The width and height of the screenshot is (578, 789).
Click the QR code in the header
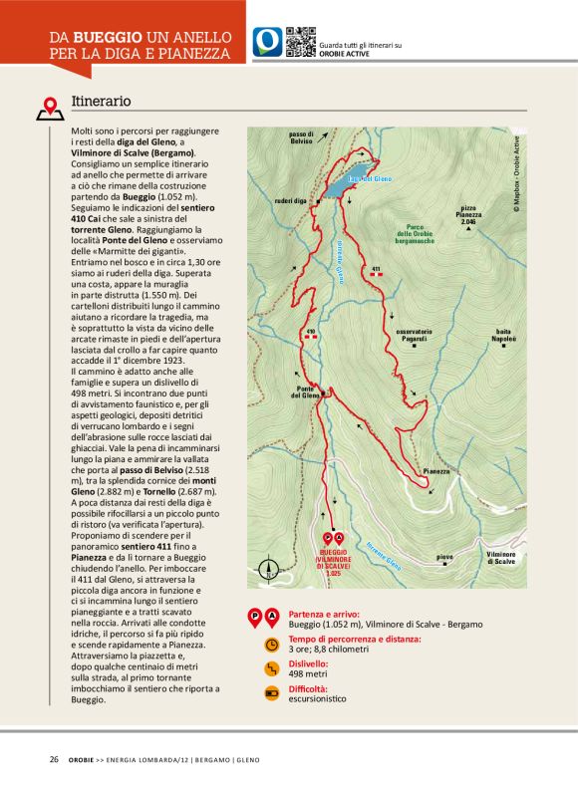click(x=301, y=42)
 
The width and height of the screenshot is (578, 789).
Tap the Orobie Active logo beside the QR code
click(x=267, y=42)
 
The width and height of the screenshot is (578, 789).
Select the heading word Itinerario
click(x=102, y=102)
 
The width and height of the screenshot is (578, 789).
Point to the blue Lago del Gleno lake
click(x=342, y=183)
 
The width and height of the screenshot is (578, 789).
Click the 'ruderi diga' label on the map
click(x=289, y=200)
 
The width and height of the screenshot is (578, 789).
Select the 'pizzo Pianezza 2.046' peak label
click(x=471, y=214)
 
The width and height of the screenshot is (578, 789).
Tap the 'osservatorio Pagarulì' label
click(x=413, y=334)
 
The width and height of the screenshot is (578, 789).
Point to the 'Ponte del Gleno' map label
click(x=305, y=392)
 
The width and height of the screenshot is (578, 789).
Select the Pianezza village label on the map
click(x=436, y=470)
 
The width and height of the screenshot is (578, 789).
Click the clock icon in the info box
click(x=271, y=645)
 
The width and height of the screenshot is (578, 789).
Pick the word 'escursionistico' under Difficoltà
click(x=317, y=698)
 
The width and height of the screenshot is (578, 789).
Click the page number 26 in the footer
click(x=54, y=759)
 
